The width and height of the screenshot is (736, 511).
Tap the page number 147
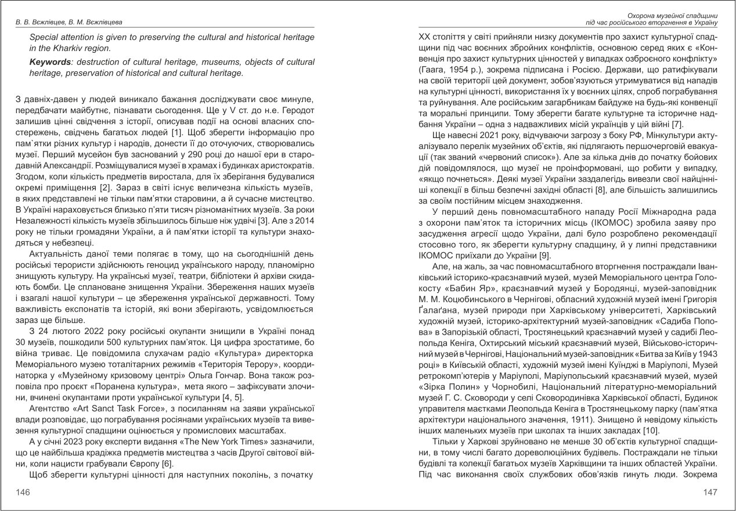[711, 492]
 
